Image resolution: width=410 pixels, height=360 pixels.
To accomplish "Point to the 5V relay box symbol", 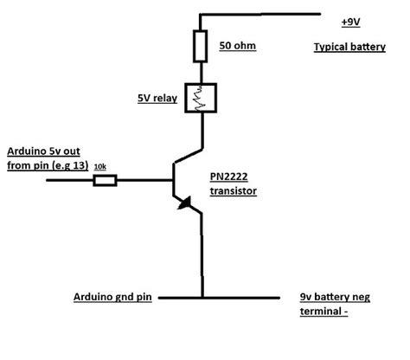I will pos(201,99).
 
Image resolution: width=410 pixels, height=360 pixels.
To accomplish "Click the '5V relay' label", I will pos(157,99).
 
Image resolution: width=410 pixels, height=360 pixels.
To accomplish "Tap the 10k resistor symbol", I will pos(105,180).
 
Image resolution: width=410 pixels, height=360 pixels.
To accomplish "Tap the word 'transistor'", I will pos(234,190).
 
